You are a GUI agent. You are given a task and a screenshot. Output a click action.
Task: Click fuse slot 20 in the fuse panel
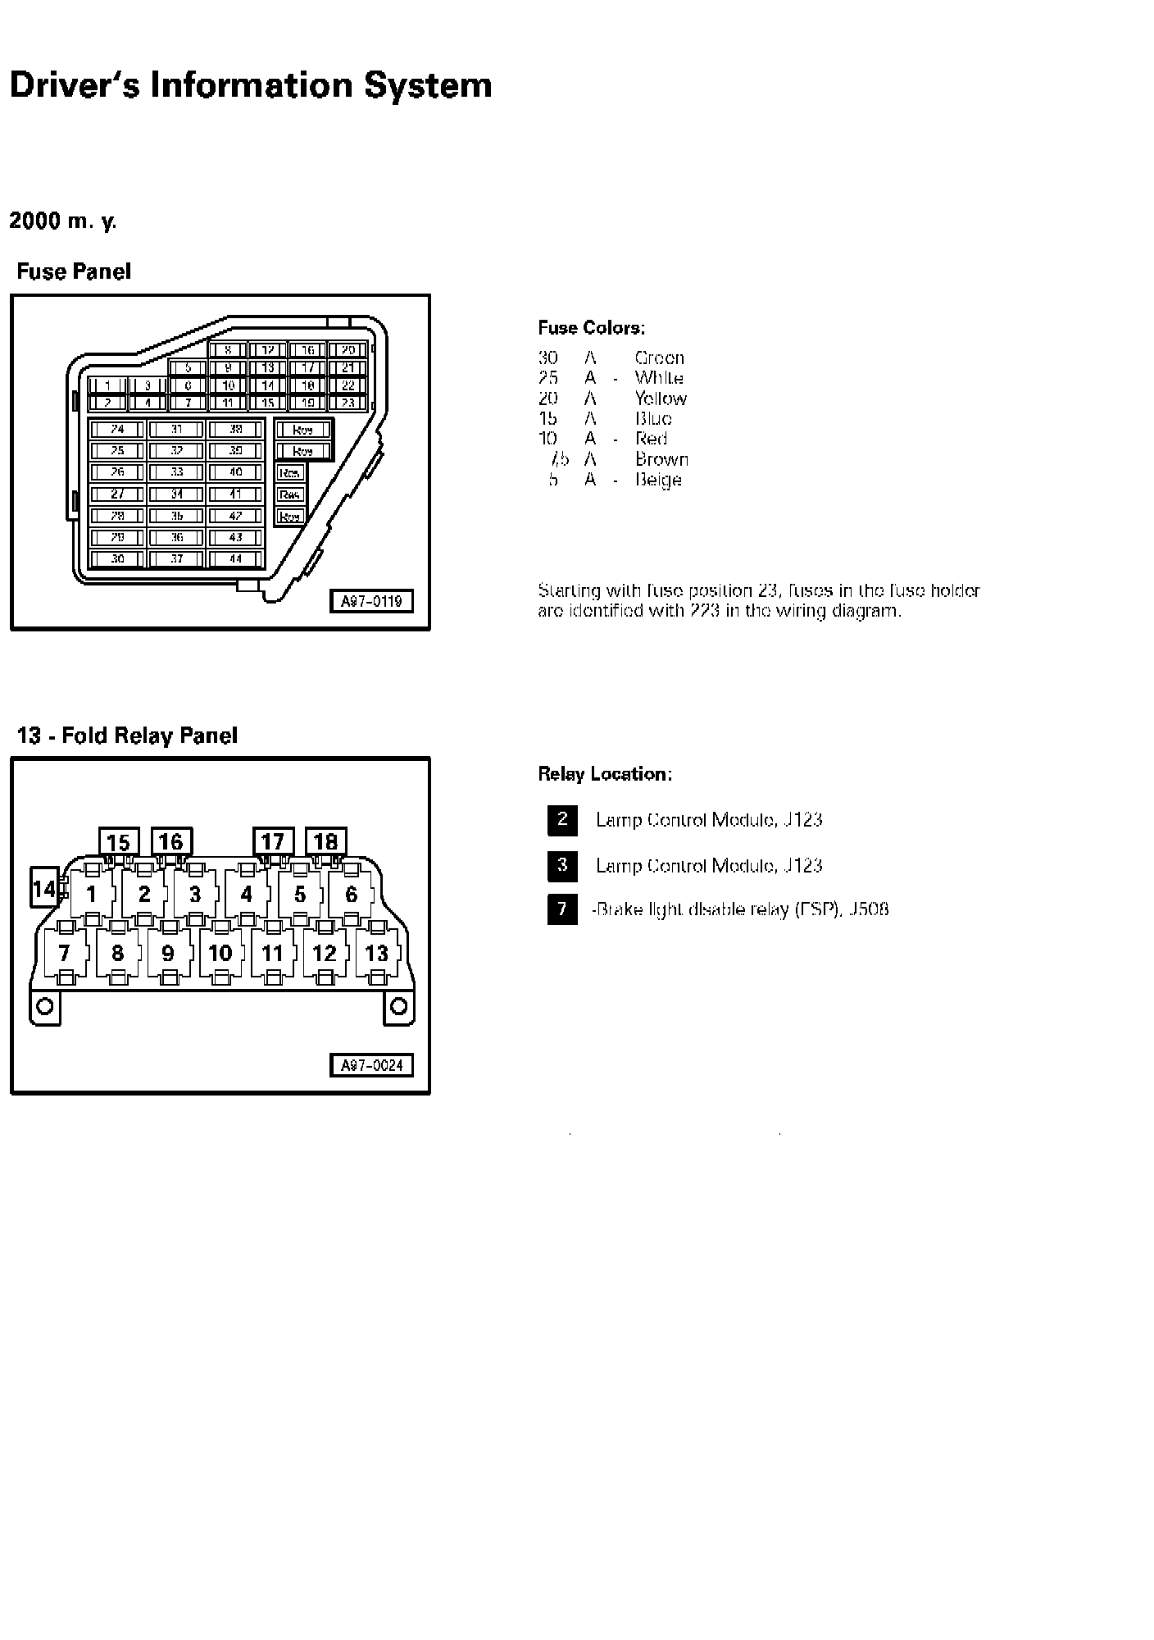click(x=348, y=350)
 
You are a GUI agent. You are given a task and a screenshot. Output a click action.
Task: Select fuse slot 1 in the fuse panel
click(x=107, y=385)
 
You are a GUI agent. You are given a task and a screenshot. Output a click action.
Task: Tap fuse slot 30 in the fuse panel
click(x=117, y=559)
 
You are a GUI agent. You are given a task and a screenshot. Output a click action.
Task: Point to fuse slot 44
click(x=236, y=559)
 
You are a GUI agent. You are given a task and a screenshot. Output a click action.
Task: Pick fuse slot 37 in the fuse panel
click(x=177, y=559)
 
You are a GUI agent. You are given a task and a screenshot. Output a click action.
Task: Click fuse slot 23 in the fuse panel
click(x=348, y=403)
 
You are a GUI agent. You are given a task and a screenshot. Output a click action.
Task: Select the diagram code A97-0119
click(x=371, y=602)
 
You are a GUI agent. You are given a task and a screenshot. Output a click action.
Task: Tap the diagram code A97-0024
click(x=371, y=1065)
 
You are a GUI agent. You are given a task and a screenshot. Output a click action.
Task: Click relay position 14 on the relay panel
click(x=43, y=889)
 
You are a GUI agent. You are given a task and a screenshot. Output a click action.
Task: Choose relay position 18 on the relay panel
click(x=325, y=842)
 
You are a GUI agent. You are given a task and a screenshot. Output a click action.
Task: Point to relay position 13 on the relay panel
click(x=376, y=954)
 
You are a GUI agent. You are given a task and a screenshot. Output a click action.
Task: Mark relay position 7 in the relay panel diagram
click(x=64, y=954)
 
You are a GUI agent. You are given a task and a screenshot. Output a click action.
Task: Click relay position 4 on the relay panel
click(x=247, y=895)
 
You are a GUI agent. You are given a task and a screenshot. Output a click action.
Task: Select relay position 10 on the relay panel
click(x=220, y=954)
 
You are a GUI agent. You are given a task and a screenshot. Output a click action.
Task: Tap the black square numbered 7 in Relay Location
click(x=562, y=909)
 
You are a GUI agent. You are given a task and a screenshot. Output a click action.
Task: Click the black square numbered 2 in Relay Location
click(x=562, y=819)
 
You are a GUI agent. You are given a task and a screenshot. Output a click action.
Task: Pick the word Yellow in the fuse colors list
click(x=661, y=399)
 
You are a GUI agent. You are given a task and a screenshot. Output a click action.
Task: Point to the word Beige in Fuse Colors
click(x=658, y=480)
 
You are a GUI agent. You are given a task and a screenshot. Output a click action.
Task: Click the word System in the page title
click(x=428, y=85)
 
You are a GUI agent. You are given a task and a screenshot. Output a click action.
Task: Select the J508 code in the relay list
click(x=869, y=909)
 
